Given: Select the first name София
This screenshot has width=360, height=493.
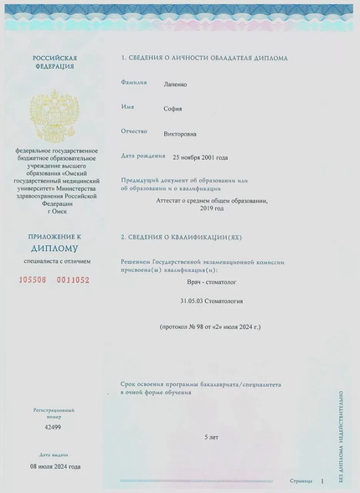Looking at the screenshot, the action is (x=172, y=109).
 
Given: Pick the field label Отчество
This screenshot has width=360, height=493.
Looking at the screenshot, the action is (x=135, y=132).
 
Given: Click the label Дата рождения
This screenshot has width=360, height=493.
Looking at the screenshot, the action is (x=141, y=156).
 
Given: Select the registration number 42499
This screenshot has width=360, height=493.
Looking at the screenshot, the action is (x=54, y=428).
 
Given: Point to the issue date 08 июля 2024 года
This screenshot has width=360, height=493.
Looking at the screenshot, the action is (x=55, y=465).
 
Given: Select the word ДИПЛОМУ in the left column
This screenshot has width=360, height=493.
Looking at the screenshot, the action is (x=54, y=249).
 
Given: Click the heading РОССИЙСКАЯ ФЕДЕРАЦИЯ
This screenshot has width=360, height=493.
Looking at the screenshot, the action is (x=54, y=63).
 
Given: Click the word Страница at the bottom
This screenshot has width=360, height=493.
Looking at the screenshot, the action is (x=301, y=481).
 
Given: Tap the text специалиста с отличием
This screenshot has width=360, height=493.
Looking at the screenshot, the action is (x=54, y=262).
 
